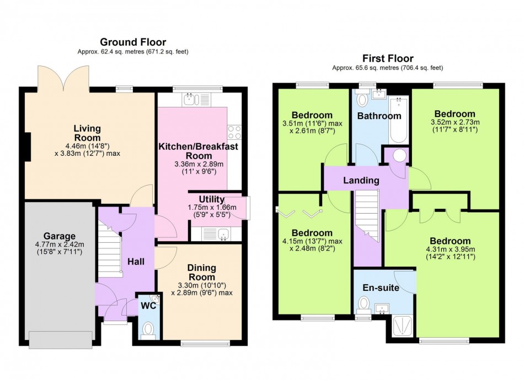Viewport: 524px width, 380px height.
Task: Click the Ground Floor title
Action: coord(132,42)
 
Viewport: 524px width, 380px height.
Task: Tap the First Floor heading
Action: coord(387,58)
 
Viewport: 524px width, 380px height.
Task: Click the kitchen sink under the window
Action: coord(190,99)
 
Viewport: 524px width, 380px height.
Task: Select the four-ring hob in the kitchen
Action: coord(234,132)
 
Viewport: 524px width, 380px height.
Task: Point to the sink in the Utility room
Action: coord(223,236)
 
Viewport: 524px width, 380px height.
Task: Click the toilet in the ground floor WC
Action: coord(147,329)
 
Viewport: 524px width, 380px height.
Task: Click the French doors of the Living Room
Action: coord(63,78)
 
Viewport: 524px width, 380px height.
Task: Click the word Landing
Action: coord(361,180)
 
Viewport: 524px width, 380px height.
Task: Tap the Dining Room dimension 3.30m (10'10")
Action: coord(201,285)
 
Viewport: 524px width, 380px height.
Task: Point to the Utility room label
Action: coord(212,199)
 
